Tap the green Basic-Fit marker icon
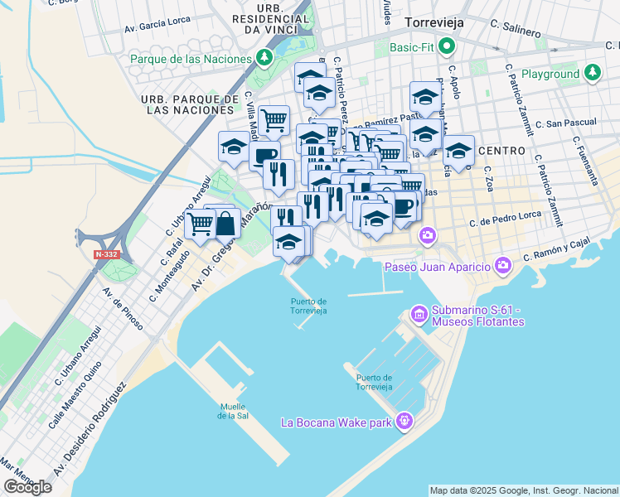[x=448, y=47]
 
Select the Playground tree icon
[x=592, y=74]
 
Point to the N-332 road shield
[x=106, y=255]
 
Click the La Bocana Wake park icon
[x=404, y=422]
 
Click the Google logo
[x=27, y=487]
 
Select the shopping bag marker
[x=225, y=223]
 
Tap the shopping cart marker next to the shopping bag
[x=200, y=224]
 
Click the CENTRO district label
[x=501, y=151]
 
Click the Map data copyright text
[x=523, y=490]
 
